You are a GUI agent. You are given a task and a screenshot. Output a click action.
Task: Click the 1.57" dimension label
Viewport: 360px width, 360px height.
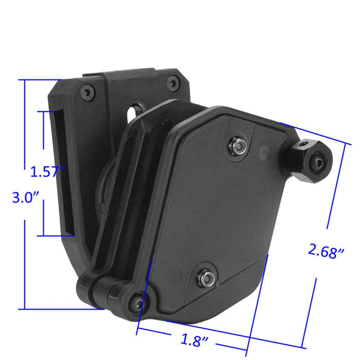click(47, 172)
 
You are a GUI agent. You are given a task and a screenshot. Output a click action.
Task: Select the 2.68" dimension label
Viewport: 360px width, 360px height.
click(326, 251)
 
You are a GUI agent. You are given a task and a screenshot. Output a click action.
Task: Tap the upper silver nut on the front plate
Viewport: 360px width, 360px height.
click(238, 144)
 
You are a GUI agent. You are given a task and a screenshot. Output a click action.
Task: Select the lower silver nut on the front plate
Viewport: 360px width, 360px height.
click(204, 277)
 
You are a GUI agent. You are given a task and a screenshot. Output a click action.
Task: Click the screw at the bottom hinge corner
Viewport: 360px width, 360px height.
click(139, 303)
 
